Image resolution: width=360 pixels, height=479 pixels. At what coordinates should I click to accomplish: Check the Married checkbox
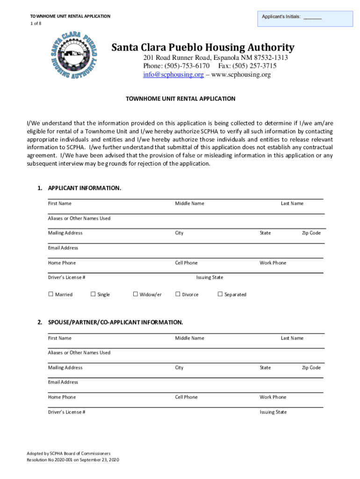(51, 294)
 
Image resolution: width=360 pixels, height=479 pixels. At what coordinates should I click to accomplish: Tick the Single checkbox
(93, 294)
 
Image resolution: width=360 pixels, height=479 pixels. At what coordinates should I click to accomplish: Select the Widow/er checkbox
(136, 294)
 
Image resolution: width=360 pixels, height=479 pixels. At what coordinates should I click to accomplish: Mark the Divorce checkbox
(178, 294)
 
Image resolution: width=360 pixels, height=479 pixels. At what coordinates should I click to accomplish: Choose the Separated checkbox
(220, 294)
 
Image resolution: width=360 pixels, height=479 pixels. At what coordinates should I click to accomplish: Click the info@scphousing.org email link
(173, 75)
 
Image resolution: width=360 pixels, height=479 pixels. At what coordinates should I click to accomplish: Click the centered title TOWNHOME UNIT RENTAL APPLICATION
(180, 99)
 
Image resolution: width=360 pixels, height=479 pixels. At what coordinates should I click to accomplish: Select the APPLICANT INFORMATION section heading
(84, 188)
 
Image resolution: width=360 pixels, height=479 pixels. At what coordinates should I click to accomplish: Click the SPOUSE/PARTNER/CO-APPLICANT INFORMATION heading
(115, 323)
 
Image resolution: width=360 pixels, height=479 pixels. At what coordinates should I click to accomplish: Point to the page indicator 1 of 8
(33, 23)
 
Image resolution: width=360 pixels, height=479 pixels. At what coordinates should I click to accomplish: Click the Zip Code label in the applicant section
(311, 233)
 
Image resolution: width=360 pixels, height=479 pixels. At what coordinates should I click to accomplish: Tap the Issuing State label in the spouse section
(273, 412)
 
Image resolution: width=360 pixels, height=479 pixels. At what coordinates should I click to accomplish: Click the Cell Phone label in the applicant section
(186, 263)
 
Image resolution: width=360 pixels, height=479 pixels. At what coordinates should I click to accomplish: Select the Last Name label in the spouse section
(292, 338)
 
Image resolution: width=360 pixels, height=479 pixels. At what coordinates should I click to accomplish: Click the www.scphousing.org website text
(241, 75)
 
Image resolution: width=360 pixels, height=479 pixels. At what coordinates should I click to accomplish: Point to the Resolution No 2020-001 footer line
(73, 460)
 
